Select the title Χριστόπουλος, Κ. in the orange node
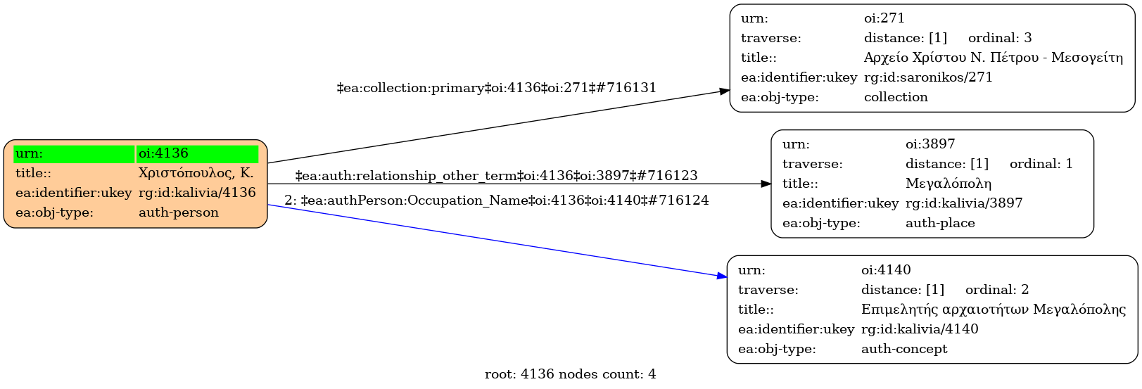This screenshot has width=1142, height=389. tap(196, 173)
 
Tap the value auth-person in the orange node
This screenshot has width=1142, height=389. tap(179, 212)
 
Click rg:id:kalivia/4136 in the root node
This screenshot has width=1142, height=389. tap(197, 193)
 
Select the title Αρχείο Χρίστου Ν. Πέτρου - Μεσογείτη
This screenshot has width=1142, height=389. tap(993, 58)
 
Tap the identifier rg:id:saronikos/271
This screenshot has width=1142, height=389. tap(928, 77)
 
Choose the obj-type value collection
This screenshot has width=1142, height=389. tap(896, 97)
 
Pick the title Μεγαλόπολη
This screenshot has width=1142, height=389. tap(949, 184)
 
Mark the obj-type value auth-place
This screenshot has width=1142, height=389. tap(940, 223)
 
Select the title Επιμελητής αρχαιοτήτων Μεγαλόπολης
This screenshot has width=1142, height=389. tap(993, 310)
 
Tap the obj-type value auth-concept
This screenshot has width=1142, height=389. tap(904, 349)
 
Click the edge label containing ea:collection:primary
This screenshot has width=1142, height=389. tap(497, 88)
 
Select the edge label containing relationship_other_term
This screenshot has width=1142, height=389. tap(496, 176)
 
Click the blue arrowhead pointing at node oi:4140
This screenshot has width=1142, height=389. tap(722, 276)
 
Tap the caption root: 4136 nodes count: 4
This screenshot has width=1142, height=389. tap(570, 375)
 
